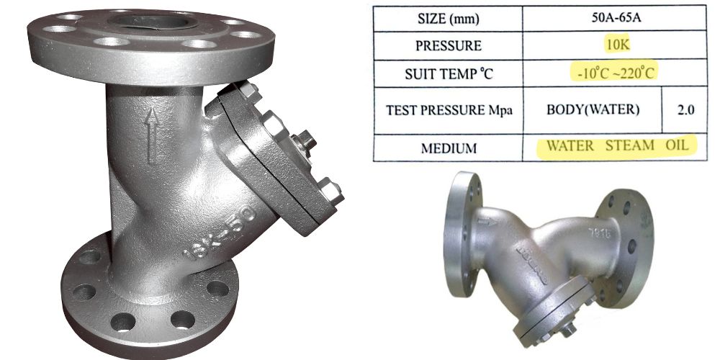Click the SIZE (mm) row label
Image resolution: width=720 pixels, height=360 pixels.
448,19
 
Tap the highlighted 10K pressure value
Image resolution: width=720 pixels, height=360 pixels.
617,45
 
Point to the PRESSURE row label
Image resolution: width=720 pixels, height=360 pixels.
448,46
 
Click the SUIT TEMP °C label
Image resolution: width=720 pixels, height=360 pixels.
449,73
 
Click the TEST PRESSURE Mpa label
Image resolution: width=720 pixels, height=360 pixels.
449,111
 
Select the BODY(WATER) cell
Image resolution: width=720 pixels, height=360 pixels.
593,110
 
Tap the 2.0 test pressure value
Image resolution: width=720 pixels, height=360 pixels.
685,110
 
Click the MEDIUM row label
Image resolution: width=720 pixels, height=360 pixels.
449,148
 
